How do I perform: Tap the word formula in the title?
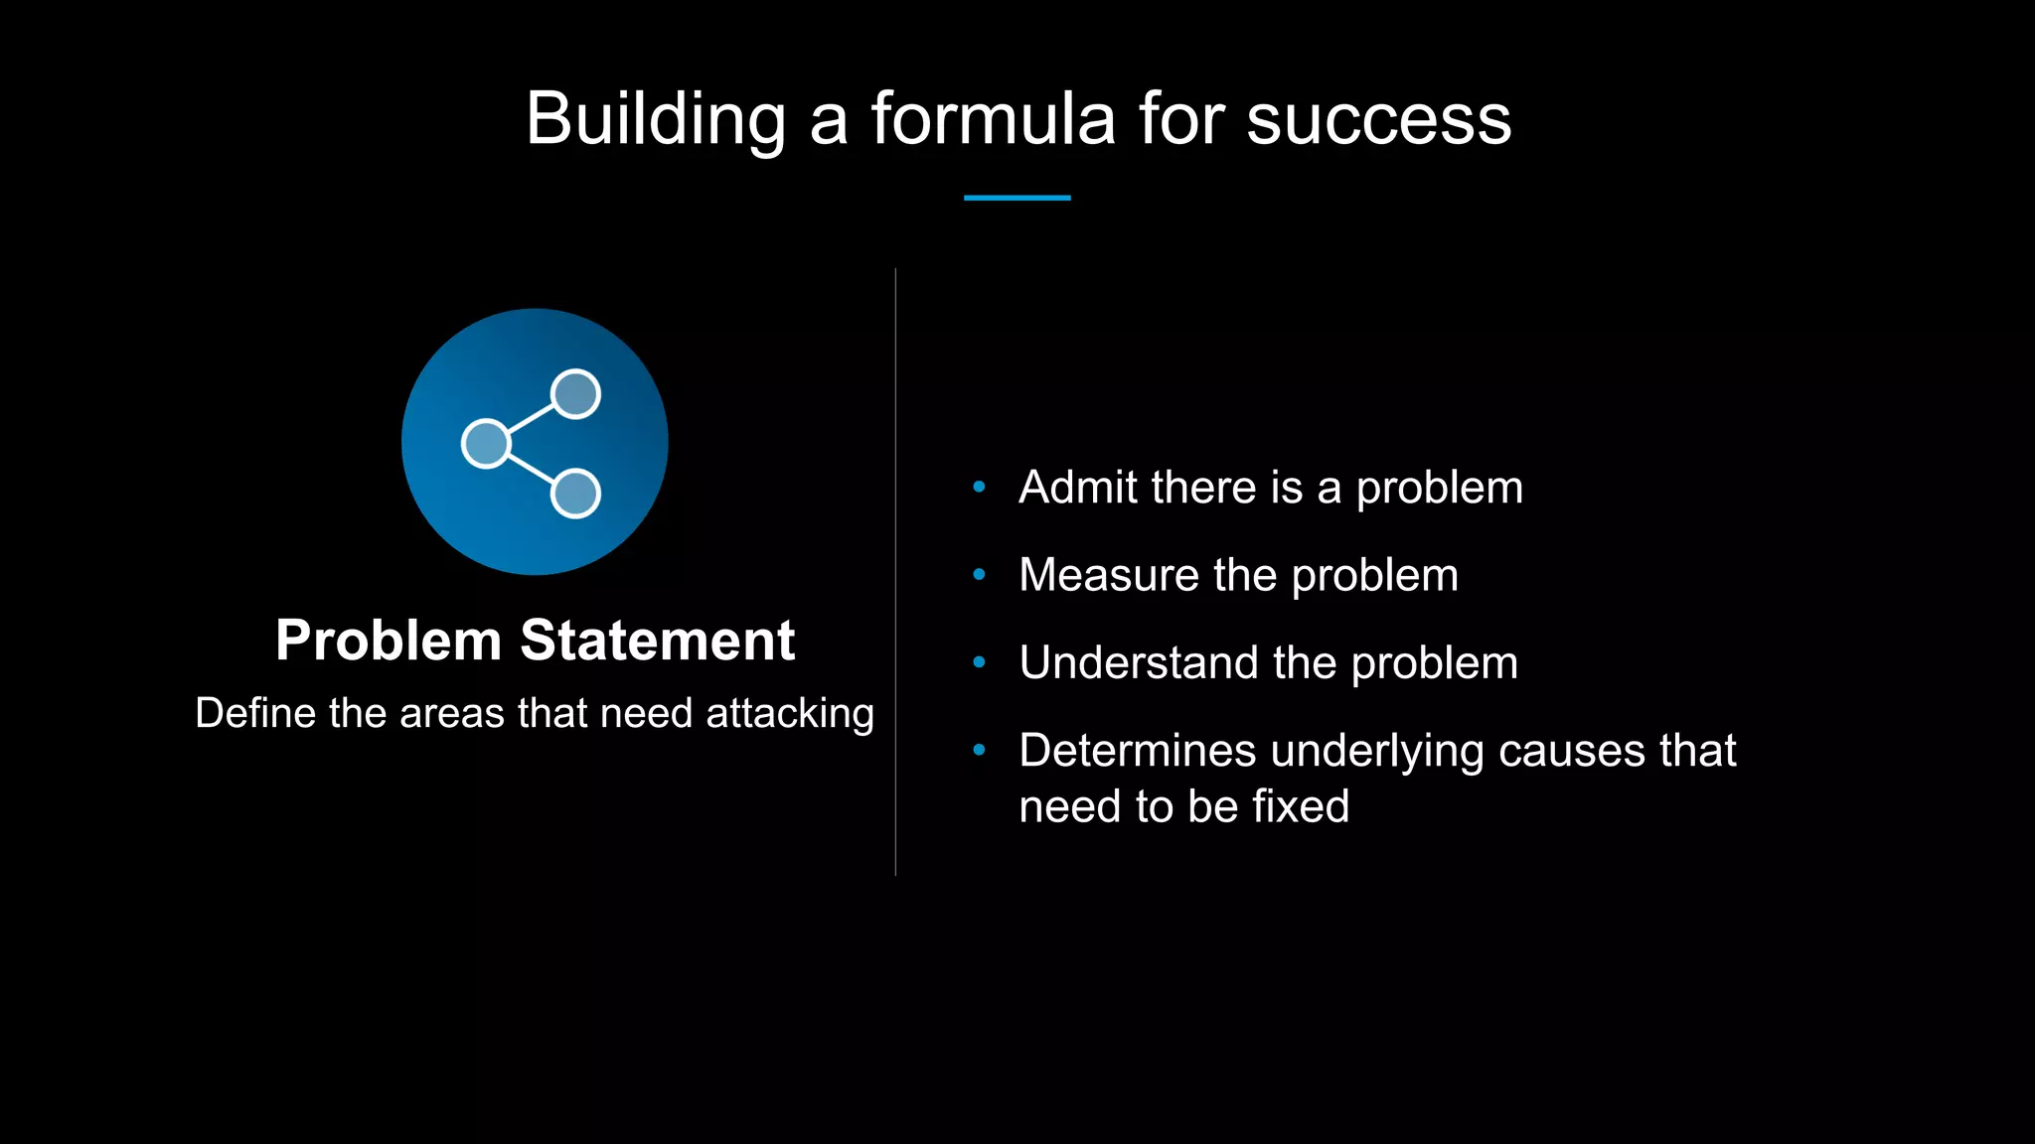pyautogui.click(x=993, y=119)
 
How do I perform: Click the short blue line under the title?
pyautogui.click(x=1017, y=198)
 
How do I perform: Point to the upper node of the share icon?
pyautogui.click(x=575, y=394)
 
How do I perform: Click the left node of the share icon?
pyautogui.click(x=486, y=443)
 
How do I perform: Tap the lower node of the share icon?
pyautogui.click(x=575, y=494)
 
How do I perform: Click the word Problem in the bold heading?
pyautogui.click(x=389, y=640)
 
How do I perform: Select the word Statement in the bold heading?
pyautogui.click(x=657, y=640)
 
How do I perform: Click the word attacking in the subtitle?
pyautogui.click(x=790, y=714)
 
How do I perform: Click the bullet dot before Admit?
pyautogui.click(x=979, y=487)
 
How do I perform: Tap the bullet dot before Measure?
pyautogui.click(x=979, y=574)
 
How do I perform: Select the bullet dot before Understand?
pyautogui.click(x=979, y=662)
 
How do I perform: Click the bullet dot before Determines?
pyautogui.click(x=979, y=750)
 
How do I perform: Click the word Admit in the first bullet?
pyautogui.click(x=1078, y=488)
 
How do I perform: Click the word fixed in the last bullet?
pyautogui.click(x=1300, y=806)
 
